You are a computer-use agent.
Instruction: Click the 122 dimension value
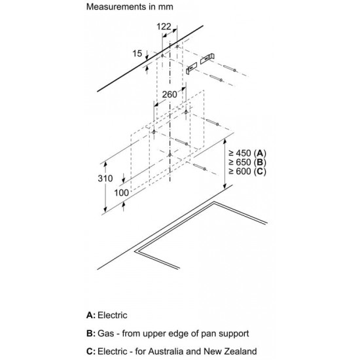tap(164, 27)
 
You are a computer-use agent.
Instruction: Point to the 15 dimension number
tap(137, 54)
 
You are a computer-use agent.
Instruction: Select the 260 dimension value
tap(170, 94)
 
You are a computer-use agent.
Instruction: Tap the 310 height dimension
tap(105, 179)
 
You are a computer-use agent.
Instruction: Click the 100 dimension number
tap(122, 193)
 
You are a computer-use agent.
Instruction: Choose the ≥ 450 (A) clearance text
tap(247, 153)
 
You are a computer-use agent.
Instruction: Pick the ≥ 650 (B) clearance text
tap(247, 162)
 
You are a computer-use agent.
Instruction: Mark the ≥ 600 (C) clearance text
tap(247, 171)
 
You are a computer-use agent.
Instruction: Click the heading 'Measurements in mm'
tap(130, 7)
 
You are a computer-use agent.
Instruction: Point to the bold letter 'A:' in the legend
tap(91, 315)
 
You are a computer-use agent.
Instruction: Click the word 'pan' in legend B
tap(208, 334)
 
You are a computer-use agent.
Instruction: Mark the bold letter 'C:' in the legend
tap(91, 351)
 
